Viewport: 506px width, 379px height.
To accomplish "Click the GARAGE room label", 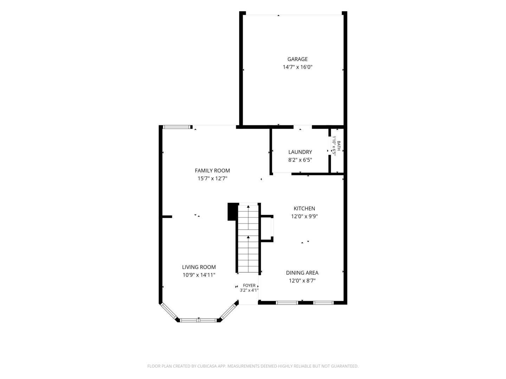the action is (297, 59).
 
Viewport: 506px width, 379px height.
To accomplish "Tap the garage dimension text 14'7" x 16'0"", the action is (297, 67).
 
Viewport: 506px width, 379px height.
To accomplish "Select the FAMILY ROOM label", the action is (212, 171).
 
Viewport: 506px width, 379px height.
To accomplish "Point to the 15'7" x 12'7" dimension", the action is (212, 178).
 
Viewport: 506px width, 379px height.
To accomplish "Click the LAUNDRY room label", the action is (300, 152).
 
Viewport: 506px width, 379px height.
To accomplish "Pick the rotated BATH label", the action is (339, 146).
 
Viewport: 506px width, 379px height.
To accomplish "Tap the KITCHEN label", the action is (304, 208).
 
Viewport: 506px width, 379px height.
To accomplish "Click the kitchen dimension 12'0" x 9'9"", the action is (304, 216).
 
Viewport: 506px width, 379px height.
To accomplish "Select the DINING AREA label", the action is (302, 273).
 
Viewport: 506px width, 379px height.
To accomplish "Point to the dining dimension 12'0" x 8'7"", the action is (302, 280).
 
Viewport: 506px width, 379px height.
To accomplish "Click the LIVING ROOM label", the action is (199, 267).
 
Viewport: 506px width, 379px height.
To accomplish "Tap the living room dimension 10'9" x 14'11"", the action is (199, 275).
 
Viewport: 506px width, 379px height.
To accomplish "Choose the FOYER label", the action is (249, 285).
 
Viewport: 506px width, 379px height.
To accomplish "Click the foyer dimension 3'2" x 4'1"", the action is (249, 290).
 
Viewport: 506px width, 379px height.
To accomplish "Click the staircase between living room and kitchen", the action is (248, 239).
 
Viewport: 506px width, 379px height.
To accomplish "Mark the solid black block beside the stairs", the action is (233, 212).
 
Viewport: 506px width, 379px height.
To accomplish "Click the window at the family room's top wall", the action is (177, 127).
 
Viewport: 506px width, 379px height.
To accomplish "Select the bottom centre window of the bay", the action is (199, 320).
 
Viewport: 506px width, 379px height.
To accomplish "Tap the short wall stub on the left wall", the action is (167, 217).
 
